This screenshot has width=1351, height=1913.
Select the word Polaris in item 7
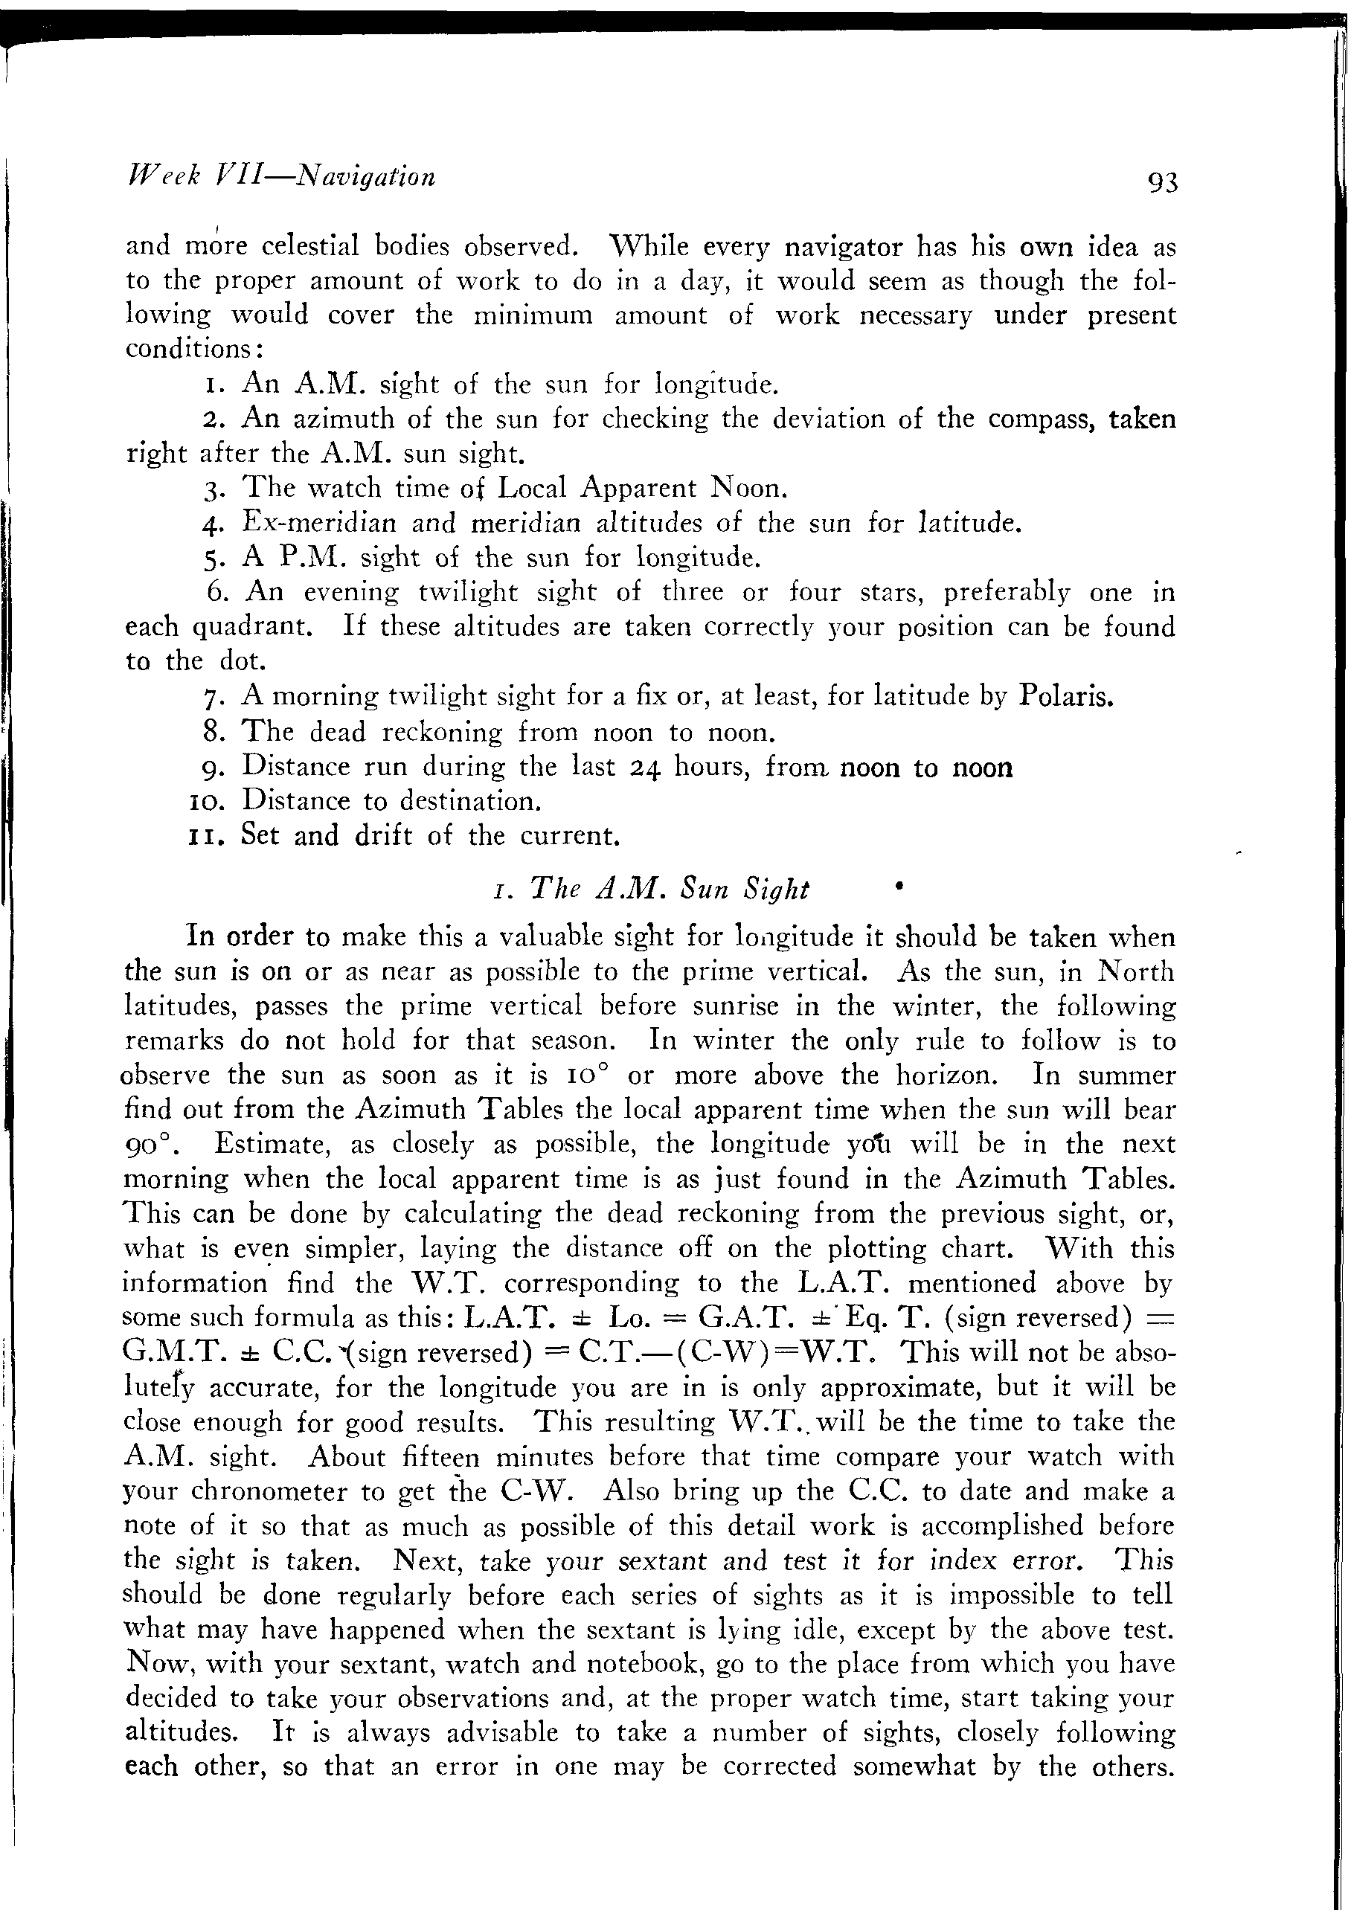[x=1066, y=695]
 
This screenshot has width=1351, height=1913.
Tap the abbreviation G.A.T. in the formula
[x=744, y=1317]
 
